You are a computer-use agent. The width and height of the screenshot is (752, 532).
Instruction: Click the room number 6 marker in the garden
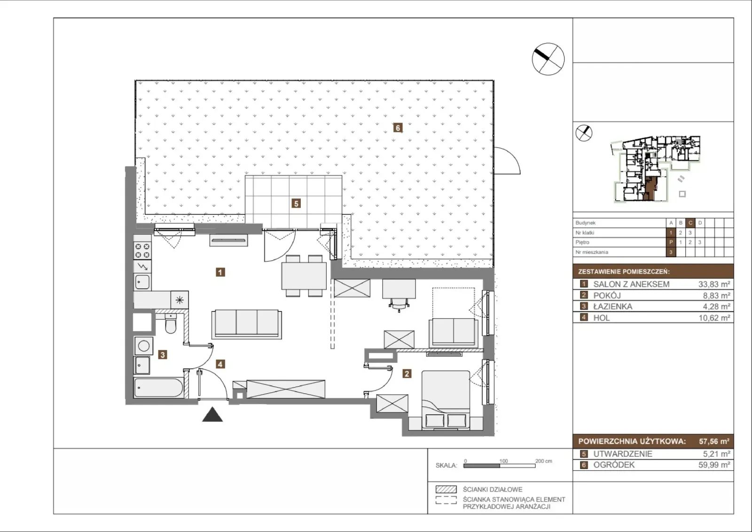398,127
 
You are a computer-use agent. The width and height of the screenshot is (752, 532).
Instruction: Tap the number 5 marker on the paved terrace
296,203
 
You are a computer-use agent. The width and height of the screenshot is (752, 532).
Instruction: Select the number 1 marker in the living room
220,272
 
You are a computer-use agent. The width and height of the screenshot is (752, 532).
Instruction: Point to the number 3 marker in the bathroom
163,355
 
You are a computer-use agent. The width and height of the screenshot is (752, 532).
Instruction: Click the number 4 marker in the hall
220,364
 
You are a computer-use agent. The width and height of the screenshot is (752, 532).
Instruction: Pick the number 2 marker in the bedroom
407,373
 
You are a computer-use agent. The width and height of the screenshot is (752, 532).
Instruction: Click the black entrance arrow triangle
212,414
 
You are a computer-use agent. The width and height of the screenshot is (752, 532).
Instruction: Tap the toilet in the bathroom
171,324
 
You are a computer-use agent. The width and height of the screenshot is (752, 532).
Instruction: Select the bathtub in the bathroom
158,388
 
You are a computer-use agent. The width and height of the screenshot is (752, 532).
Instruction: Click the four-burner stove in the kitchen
142,251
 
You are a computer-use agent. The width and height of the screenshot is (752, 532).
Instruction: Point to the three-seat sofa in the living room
246,324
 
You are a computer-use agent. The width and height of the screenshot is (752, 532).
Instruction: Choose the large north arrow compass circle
548,59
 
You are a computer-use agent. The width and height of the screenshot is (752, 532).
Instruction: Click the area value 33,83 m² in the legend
714,284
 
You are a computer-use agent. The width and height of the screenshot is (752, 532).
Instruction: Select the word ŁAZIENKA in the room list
613,307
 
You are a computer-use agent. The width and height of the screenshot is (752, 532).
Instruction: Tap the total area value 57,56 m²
714,441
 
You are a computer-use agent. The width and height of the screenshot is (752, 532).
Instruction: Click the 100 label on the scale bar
503,461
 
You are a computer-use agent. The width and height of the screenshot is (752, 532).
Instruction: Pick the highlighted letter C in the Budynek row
690,223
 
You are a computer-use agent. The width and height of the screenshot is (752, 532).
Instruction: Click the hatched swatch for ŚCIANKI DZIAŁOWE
446,489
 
